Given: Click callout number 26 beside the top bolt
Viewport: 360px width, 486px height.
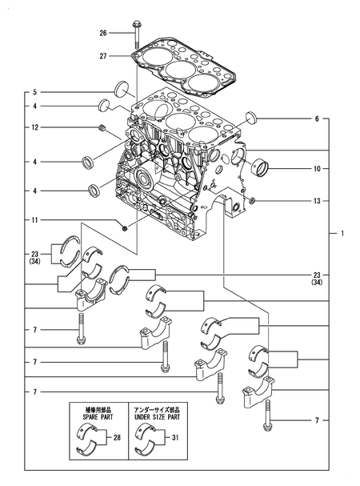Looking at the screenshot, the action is click(x=103, y=33).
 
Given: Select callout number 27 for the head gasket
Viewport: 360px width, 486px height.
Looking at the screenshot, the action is click(x=103, y=56).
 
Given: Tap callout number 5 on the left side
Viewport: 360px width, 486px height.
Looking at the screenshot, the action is click(x=35, y=92).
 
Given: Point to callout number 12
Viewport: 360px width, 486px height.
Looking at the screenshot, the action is click(x=35, y=127).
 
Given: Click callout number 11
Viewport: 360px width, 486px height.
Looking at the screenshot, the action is click(x=35, y=220).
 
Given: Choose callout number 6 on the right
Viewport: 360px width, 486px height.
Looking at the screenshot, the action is click(x=317, y=118).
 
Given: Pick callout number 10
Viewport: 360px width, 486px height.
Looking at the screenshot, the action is click(x=317, y=169).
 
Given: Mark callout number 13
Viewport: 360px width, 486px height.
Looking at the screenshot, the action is click(x=317, y=201).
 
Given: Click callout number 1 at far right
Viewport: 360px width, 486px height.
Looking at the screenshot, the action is click(x=342, y=233).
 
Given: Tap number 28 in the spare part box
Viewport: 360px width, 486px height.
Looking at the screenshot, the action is click(x=117, y=437).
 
